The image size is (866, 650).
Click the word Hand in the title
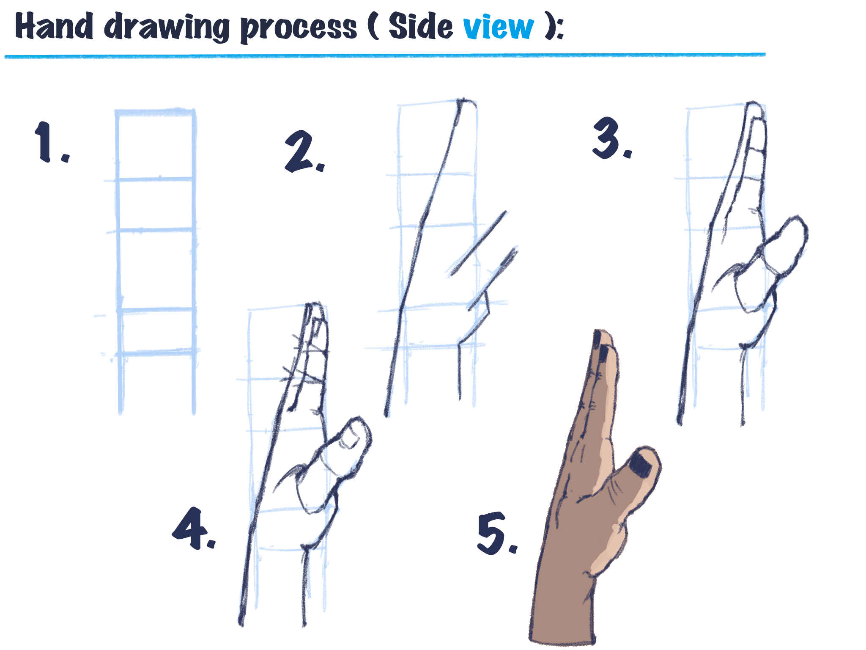[x=54, y=26]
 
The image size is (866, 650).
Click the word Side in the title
[x=420, y=26]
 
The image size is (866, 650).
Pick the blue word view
[x=498, y=28]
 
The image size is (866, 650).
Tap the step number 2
[x=304, y=151]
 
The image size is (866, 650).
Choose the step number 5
[x=496, y=533]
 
